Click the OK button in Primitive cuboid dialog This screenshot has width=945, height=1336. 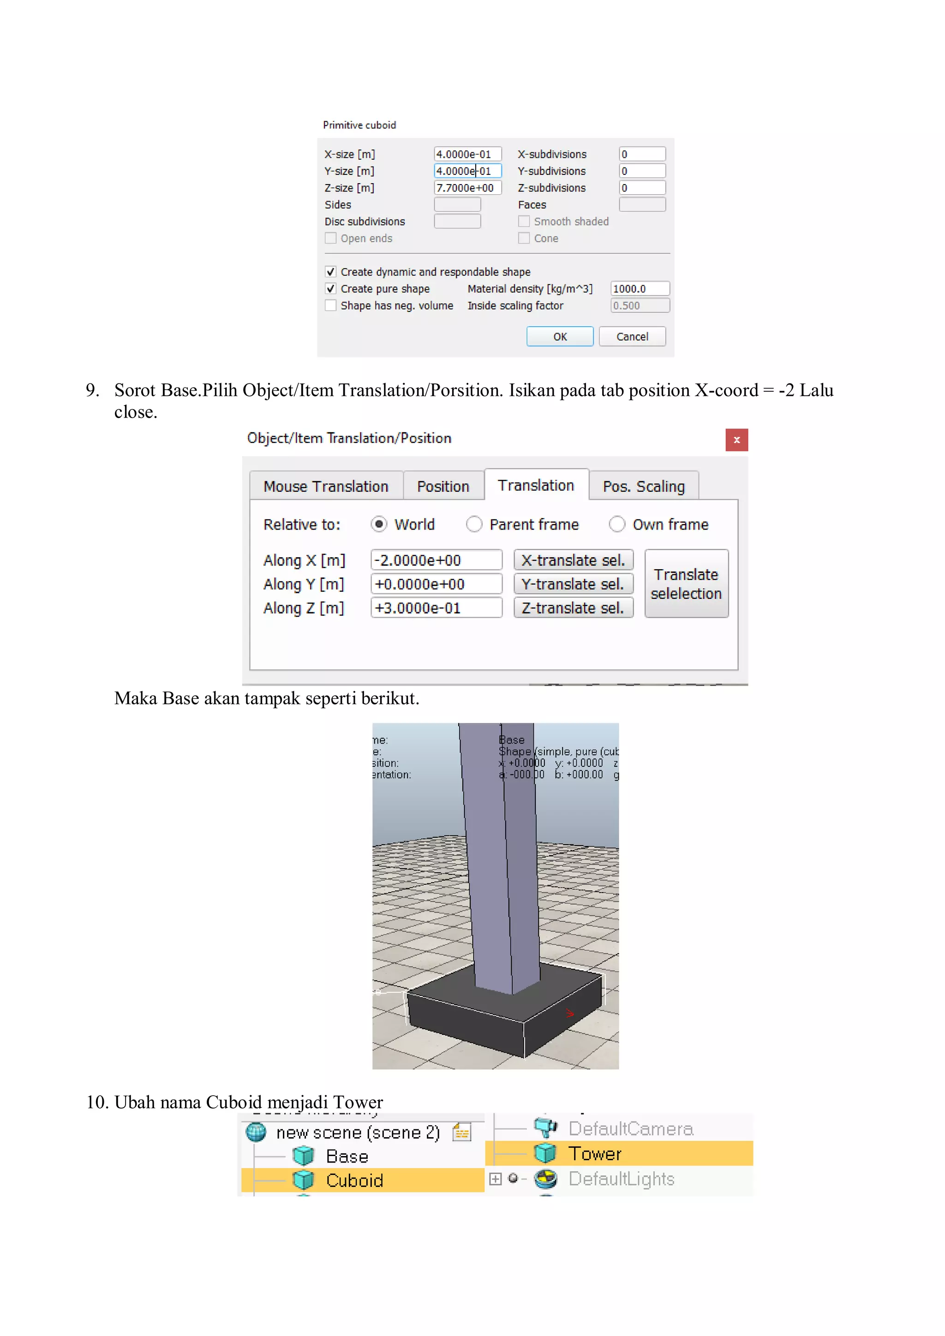559,336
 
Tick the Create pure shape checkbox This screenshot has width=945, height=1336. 330,289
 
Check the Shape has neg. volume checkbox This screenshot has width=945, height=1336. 330,305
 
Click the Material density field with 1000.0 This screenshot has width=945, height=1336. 639,289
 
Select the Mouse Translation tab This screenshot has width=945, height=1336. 326,486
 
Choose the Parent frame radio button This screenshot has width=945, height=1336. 474,524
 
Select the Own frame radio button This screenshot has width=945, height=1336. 617,524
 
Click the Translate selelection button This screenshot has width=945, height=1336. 686,584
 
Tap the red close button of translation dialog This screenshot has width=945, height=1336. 736,440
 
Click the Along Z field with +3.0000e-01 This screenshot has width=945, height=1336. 436,608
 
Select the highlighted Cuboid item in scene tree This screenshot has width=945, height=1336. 354,1180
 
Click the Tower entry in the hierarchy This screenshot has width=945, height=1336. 595,1153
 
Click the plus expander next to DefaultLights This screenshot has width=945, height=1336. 495,1178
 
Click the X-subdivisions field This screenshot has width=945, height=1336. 641,154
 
